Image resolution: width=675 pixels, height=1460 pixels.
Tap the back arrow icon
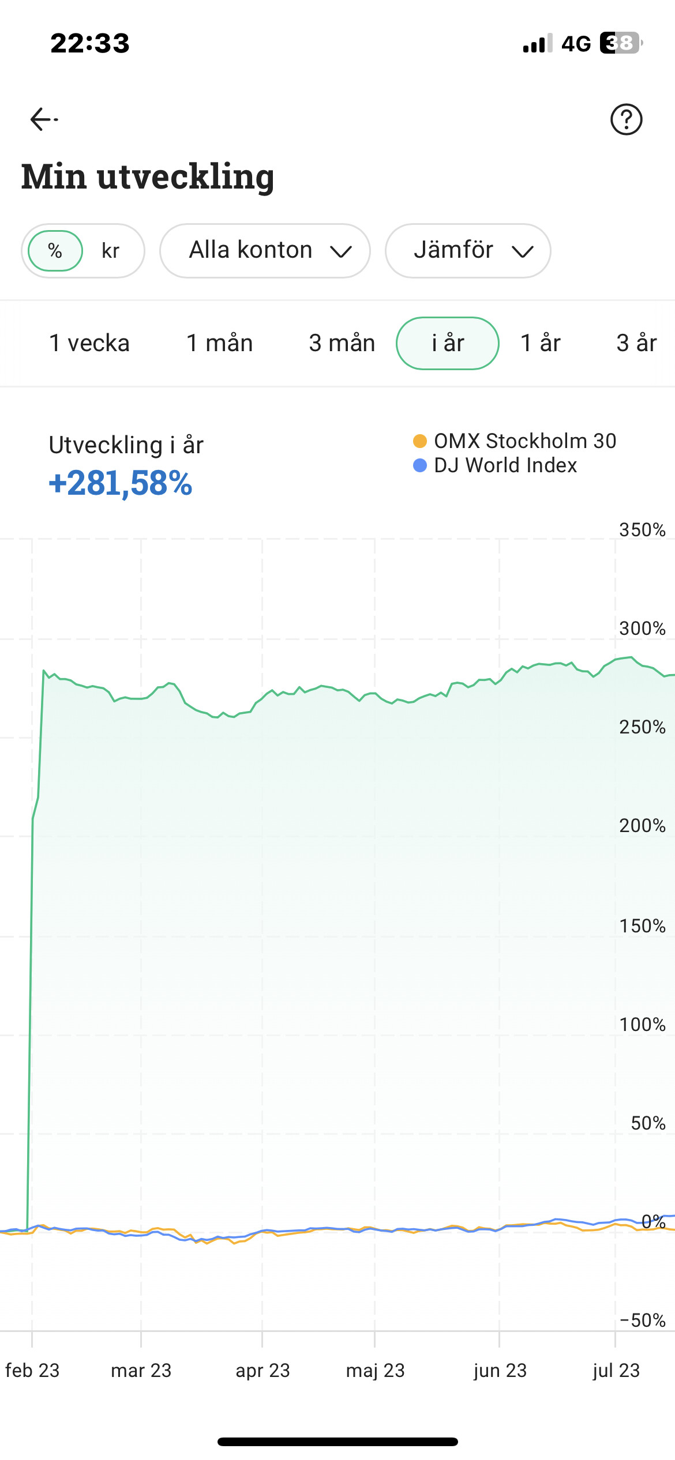(43, 119)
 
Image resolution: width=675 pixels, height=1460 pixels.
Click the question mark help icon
(626, 119)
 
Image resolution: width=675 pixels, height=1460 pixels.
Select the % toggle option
(55, 251)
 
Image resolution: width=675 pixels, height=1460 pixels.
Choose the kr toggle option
(110, 251)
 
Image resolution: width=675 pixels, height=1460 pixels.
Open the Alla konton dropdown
(265, 251)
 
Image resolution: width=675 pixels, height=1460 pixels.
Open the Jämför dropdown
(468, 251)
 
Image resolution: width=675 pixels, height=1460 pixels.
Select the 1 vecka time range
(89, 343)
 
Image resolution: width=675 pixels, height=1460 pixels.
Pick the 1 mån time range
(220, 343)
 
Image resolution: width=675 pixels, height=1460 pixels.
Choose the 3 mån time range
(342, 343)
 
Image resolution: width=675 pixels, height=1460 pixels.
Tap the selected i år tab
(448, 343)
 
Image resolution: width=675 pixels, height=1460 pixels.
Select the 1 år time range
(541, 343)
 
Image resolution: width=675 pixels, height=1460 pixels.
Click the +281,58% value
(120, 483)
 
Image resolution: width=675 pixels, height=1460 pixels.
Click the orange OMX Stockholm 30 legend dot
(420, 441)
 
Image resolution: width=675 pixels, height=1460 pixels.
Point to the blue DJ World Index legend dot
(420, 465)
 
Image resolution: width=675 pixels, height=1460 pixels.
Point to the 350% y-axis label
(642, 530)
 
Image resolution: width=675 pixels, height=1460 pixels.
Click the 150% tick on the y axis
(642, 926)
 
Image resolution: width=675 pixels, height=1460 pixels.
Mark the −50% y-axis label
(642, 1320)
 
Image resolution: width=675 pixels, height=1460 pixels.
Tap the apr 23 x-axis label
(262, 1371)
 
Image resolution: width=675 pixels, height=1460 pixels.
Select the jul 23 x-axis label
(616, 1371)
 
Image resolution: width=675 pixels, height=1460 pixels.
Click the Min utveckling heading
(148, 176)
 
